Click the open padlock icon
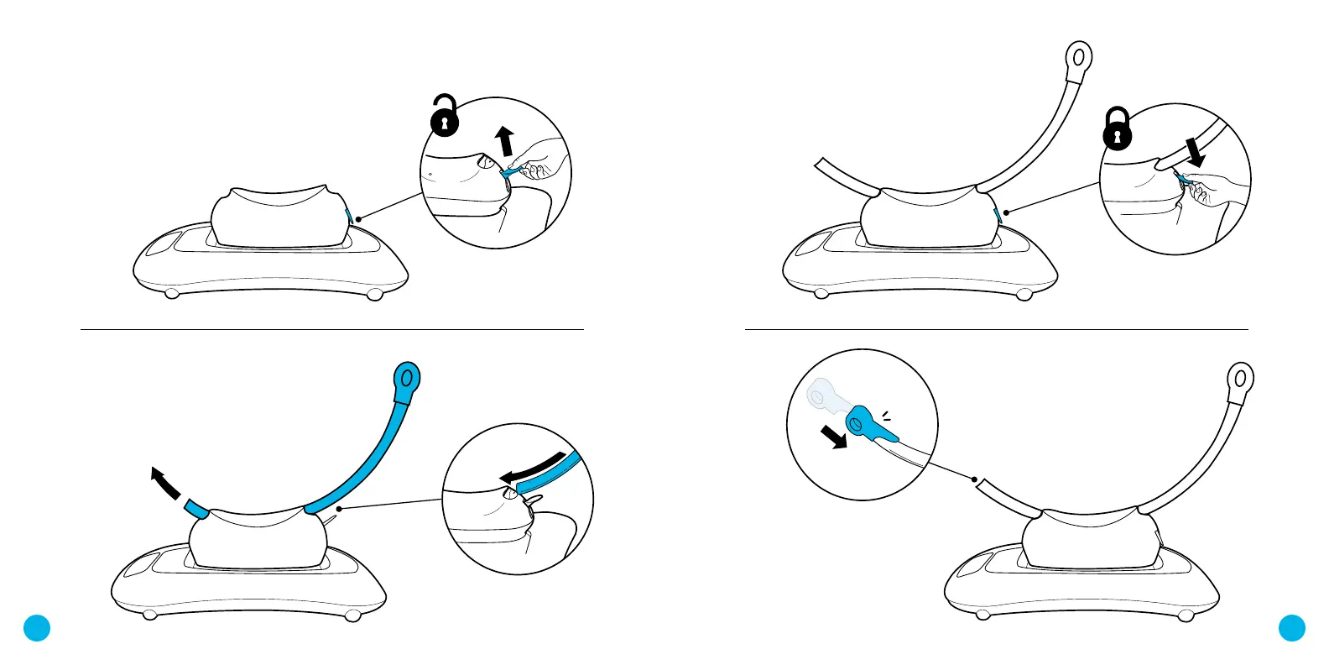pos(445,118)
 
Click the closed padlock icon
pos(1118,130)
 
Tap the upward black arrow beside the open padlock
pos(504,141)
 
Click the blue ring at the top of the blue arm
pos(407,380)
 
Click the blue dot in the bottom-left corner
pos(37,628)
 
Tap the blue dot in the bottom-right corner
pos(1292,628)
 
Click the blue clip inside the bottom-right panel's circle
pos(870,426)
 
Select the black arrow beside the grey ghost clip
pos(834,437)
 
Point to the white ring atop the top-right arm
pos(1079,58)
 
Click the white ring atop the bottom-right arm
pos(1241,379)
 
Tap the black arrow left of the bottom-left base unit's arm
pos(164,484)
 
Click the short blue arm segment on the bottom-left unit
pos(196,508)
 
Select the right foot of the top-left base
pos(375,295)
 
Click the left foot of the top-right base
pos(821,294)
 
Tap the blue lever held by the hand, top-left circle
pos(510,173)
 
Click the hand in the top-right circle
pos(1205,190)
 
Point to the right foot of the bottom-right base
pos(1186,616)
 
